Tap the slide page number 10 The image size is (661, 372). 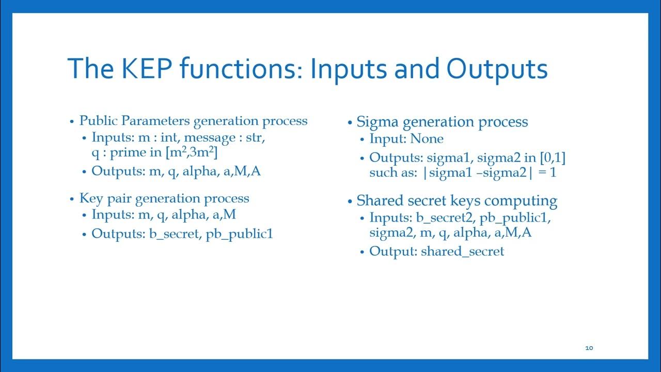(589, 348)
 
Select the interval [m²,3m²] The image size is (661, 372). (195, 153)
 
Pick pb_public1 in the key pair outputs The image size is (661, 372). (239, 234)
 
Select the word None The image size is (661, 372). (427, 139)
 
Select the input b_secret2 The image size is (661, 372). (444, 218)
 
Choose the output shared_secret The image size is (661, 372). (462, 252)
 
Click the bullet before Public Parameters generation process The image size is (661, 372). (72, 121)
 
